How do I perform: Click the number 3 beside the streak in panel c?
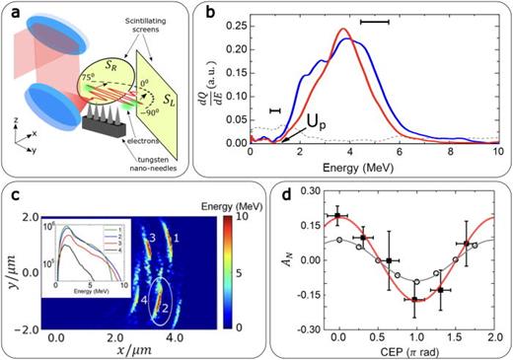153,239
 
